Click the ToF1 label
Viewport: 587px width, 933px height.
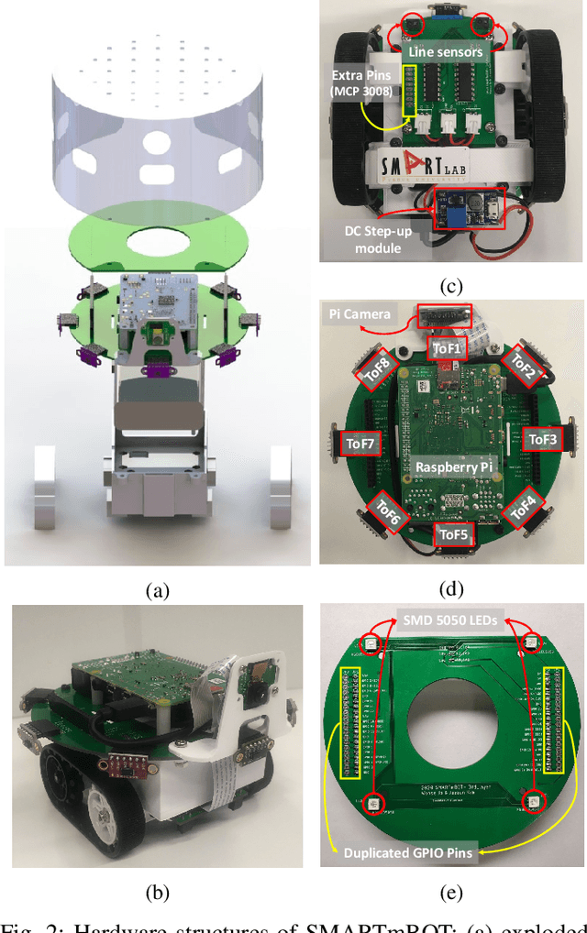click(x=449, y=347)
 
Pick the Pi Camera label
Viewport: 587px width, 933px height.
click(x=359, y=313)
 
